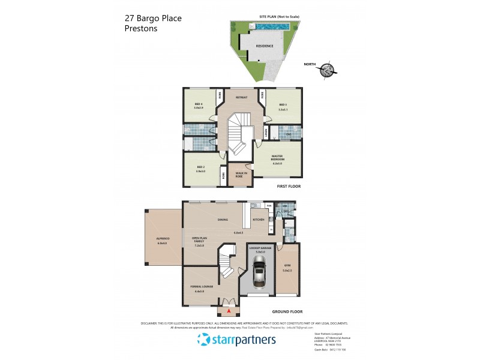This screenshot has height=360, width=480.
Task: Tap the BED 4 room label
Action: (199, 105)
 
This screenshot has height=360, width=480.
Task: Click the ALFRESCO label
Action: (163, 240)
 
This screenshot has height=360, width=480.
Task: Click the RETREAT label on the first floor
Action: (241, 97)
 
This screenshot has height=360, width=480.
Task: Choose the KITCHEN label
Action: (259, 220)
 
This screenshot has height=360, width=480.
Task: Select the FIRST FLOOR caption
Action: (289, 187)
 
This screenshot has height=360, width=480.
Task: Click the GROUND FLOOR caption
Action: (287, 312)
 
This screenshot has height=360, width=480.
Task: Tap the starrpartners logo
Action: (236, 340)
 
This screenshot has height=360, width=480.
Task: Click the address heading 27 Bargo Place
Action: (152, 18)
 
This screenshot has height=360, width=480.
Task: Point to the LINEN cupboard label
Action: (265, 131)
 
